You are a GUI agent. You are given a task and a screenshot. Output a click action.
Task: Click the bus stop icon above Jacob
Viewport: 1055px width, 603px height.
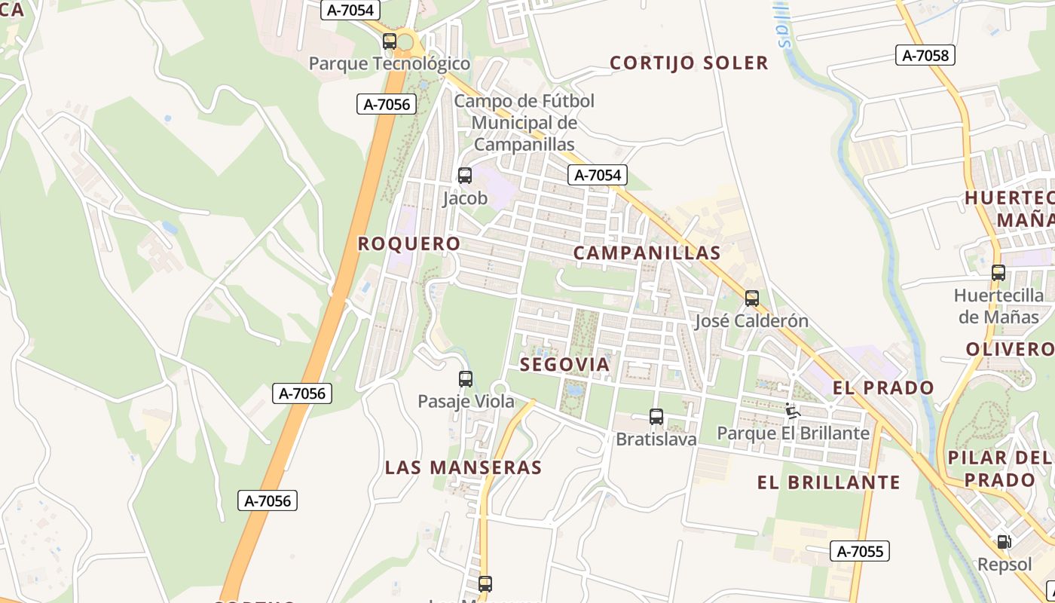pyautogui.click(x=465, y=176)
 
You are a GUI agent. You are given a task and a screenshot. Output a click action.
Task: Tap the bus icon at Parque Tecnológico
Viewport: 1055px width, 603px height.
pyautogui.click(x=390, y=41)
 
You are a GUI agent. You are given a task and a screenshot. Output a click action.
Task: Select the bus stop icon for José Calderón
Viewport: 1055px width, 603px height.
pyautogui.click(x=751, y=298)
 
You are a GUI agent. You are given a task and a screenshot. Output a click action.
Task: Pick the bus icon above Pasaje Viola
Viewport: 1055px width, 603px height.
pyautogui.click(x=466, y=379)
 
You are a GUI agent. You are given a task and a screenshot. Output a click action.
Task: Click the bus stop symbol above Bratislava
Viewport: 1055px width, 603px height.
pyautogui.click(x=656, y=417)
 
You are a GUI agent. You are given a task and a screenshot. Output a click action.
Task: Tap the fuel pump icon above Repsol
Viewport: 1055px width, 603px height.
pyautogui.click(x=1004, y=541)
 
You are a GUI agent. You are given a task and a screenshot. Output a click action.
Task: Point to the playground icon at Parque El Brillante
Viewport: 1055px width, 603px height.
pyautogui.click(x=791, y=411)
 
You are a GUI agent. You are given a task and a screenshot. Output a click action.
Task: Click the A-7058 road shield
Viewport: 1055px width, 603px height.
pyautogui.click(x=925, y=55)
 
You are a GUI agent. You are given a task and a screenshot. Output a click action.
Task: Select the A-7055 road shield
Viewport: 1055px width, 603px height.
pyautogui.click(x=860, y=551)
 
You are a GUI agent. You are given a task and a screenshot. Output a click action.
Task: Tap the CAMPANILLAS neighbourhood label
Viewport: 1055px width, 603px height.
pyautogui.click(x=647, y=253)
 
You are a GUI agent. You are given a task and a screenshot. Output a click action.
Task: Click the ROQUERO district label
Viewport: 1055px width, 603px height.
pyautogui.click(x=409, y=244)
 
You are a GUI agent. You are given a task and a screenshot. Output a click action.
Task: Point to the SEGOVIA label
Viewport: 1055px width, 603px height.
pyautogui.click(x=565, y=365)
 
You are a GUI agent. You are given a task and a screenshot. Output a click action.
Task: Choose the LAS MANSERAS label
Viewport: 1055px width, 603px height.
pyautogui.click(x=463, y=467)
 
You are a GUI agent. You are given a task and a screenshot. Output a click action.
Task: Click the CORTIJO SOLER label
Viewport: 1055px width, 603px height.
pyautogui.click(x=689, y=63)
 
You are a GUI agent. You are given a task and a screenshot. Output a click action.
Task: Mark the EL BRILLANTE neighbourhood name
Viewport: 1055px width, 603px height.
pyautogui.click(x=829, y=482)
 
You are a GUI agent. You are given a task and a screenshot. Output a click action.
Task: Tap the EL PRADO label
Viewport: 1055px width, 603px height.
pyautogui.click(x=883, y=388)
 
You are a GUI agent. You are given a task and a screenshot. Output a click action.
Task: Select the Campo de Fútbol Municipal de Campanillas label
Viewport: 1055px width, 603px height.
pyautogui.click(x=524, y=123)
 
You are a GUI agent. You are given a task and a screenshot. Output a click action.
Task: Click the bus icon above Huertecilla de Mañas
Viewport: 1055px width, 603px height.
pyautogui.click(x=998, y=273)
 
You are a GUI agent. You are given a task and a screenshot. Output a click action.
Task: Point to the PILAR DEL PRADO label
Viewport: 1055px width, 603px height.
pyautogui.click(x=1000, y=469)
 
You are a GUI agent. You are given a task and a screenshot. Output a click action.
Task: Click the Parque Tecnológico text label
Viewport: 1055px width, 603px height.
pyautogui.click(x=390, y=64)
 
